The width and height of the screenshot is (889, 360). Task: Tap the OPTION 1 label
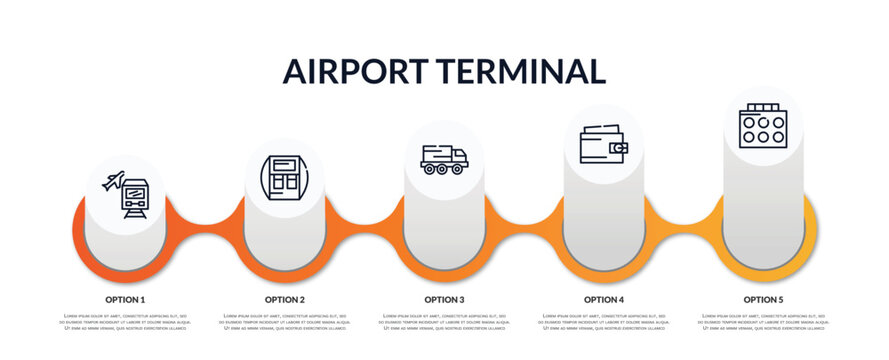point(125,299)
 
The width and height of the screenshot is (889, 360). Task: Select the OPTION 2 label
point(285,299)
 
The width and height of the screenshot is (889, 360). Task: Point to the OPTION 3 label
point(444,299)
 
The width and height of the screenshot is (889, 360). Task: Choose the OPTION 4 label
point(604,299)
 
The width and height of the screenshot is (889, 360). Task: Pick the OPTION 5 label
point(763,299)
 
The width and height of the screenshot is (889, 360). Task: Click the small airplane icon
point(114,181)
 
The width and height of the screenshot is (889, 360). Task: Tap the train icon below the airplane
point(134,198)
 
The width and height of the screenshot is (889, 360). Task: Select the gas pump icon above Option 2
point(284,178)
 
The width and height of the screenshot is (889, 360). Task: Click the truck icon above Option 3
point(444,160)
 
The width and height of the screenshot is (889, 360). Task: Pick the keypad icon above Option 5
point(763,127)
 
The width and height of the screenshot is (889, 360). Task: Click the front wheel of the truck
point(459,169)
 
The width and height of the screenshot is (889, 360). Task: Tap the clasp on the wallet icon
point(621,148)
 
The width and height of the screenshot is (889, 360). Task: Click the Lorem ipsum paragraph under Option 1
point(125,323)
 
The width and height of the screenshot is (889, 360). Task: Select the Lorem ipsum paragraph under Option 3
point(444,323)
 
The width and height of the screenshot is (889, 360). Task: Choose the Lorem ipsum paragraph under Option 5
point(763,323)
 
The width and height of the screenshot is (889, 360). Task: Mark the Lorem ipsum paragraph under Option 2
point(285,323)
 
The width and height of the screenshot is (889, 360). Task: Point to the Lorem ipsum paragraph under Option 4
point(604,323)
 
